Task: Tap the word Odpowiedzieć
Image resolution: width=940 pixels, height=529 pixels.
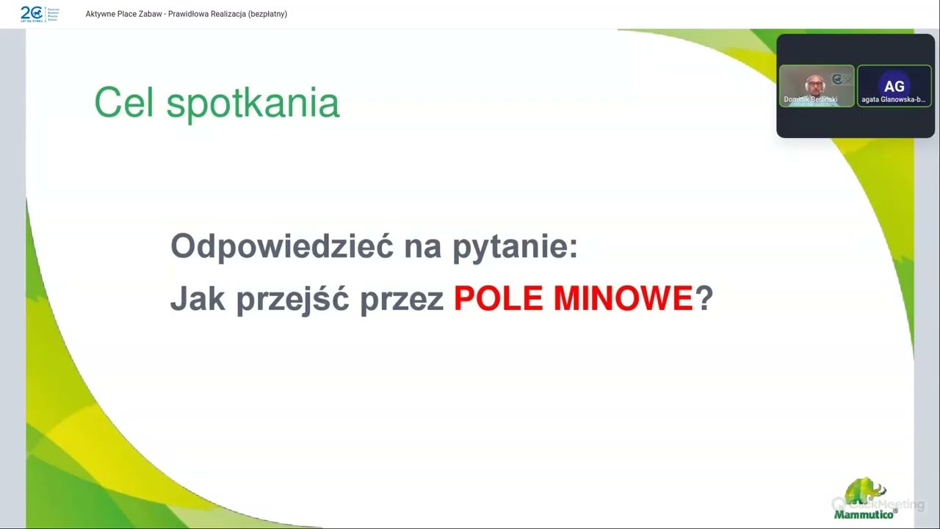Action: click(281, 245)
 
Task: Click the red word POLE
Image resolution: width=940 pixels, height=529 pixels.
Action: click(498, 298)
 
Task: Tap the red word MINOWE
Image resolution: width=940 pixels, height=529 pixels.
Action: click(623, 298)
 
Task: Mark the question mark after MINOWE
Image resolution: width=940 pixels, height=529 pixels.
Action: click(704, 298)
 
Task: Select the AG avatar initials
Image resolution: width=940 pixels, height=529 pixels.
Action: click(894, 86)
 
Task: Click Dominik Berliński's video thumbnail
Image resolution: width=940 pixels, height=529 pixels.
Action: click(816, 85)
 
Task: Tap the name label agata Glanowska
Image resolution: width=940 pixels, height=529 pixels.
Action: click(893, 99)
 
